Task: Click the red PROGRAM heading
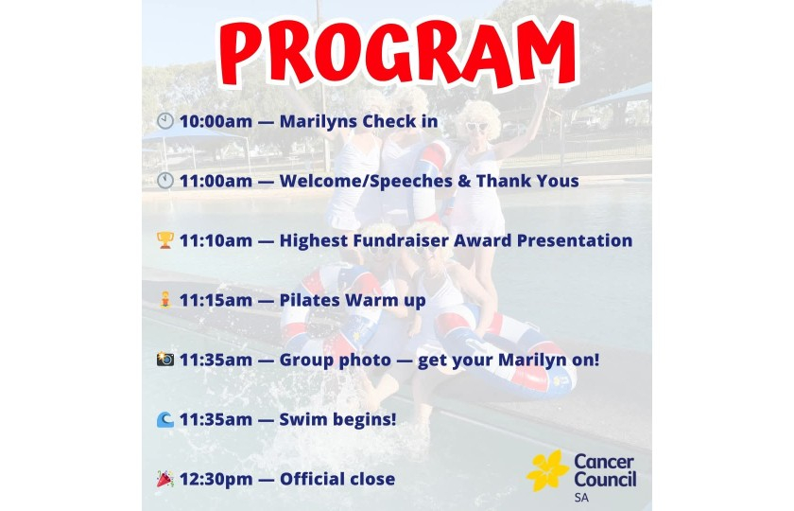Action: pyautogui.click(x=398, y=53)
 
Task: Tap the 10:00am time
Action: pyautogui.click(x=216, y=122)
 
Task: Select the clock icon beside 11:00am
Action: pyautogui.click(x=165, y=181)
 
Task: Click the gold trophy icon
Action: pyautogui.click(x=165, y=240)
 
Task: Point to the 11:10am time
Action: pyautogui.click(x=216, y=240)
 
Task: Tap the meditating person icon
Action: pyautogui.click(x=165, y=300)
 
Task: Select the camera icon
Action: pyautogui.click(x=165, y=360)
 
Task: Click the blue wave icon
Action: pyautogui.click(x=165, y=419)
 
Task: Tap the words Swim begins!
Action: pyautogui.click(x=337, y=420)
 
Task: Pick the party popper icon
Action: pyautogui.click(x=165, y=479)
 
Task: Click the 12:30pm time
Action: pyautogui.click(x=216, y=479)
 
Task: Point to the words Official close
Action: pyautogui.click(x=337, y=479)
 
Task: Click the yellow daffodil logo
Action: pyautogui.click(x=547, y=471)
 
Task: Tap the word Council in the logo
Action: pyautogui.click(x=606, y=480)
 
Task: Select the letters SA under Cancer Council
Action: pyautogui.click(x=582, y=498)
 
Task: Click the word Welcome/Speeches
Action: pyautogui.click(x=366, y=181)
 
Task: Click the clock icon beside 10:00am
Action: pyautogui.click(x=165, y=121)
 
